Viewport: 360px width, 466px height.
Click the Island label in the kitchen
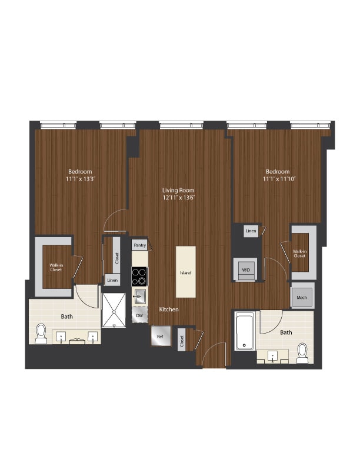pos(186,273)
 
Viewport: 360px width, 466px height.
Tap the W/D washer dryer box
pos(245,270)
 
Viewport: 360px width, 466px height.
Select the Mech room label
pos(302,298)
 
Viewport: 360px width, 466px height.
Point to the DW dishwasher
pos(139,316)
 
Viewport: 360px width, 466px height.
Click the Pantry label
pos(139,245)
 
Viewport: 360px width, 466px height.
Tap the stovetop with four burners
pos(139,276)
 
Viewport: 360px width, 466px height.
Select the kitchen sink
pos(140,295)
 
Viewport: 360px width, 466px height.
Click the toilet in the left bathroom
pos(41,334)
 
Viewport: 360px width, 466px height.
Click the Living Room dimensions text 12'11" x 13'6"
pos(179,198)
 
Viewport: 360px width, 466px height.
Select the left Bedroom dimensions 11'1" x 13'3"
pos(80,179)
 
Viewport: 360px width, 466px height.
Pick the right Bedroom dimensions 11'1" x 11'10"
pos(277,179)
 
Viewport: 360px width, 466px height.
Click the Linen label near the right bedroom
pos(251,231)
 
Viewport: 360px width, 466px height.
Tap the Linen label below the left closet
pos(112,281)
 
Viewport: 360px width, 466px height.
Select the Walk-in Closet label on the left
pos(57,268)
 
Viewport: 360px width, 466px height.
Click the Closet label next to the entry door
pos(182,341)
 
